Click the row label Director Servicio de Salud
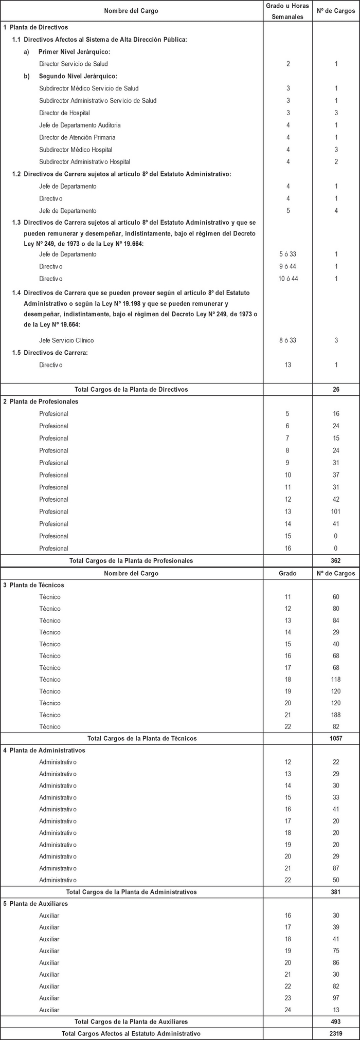[x=73, y=64]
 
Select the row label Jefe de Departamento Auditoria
[x=80, y=125]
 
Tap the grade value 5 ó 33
[x=287, y=254]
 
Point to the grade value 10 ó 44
[x=287, y=279]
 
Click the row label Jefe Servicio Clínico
[x=66, y=340]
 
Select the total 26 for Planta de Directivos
[x=336, y=389]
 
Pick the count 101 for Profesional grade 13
[x=336, y=512]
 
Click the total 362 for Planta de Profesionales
[x=336, y=560]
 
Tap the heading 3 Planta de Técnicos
[x=33, y=585]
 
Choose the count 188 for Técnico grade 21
[x=336, y=715]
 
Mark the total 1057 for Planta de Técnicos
[x=336, y=738]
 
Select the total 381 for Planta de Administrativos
[x=336, y=892]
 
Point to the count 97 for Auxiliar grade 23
[x=336, y=998]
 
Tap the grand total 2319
[x=336, y=1033]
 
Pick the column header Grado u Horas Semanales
[x=287, y=11]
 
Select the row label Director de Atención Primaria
[x=77, y=137]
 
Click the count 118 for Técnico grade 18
[x=336, y=680]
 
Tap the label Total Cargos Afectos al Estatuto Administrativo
[x=131, y=1033]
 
